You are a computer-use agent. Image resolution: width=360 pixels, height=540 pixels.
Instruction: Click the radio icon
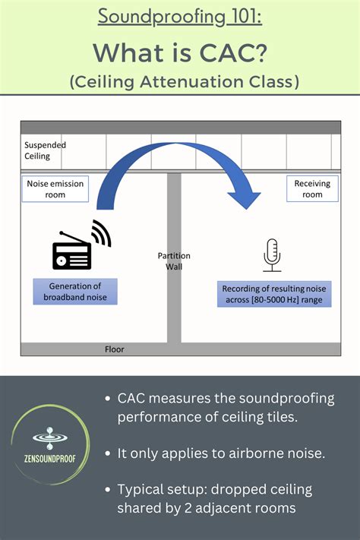(71, 254)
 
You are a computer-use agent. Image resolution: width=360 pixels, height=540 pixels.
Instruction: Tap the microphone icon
(272, 254)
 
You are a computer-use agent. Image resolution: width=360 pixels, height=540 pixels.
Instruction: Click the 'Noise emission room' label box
(55, 189)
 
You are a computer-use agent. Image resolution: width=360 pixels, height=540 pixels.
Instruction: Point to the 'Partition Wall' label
(174, 261)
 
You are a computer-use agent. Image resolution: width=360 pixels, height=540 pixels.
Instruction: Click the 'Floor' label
(114, 349)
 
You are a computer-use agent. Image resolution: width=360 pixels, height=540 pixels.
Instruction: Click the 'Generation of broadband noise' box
(75, 292)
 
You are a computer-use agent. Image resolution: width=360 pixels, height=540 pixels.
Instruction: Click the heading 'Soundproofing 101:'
(180, 17)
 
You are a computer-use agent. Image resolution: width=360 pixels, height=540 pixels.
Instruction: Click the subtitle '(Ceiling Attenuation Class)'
(180, 81)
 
